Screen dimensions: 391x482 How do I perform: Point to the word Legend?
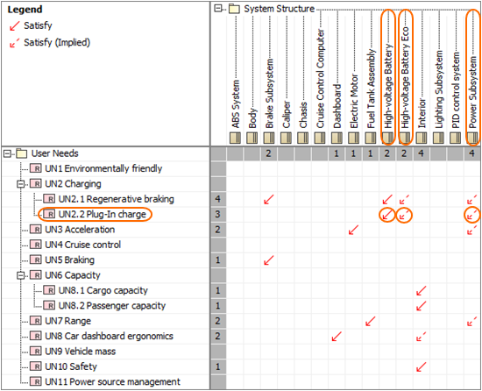pos(25,10)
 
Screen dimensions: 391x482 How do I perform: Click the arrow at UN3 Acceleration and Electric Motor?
pos(353,230)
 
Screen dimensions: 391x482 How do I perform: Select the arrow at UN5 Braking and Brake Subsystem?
pos(269,259)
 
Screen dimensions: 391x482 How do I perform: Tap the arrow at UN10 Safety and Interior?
pos(421,366)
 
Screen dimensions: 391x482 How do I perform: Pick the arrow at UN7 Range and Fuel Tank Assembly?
pos(370,321)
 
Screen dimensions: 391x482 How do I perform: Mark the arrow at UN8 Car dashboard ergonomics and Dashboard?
pos(337,336)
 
